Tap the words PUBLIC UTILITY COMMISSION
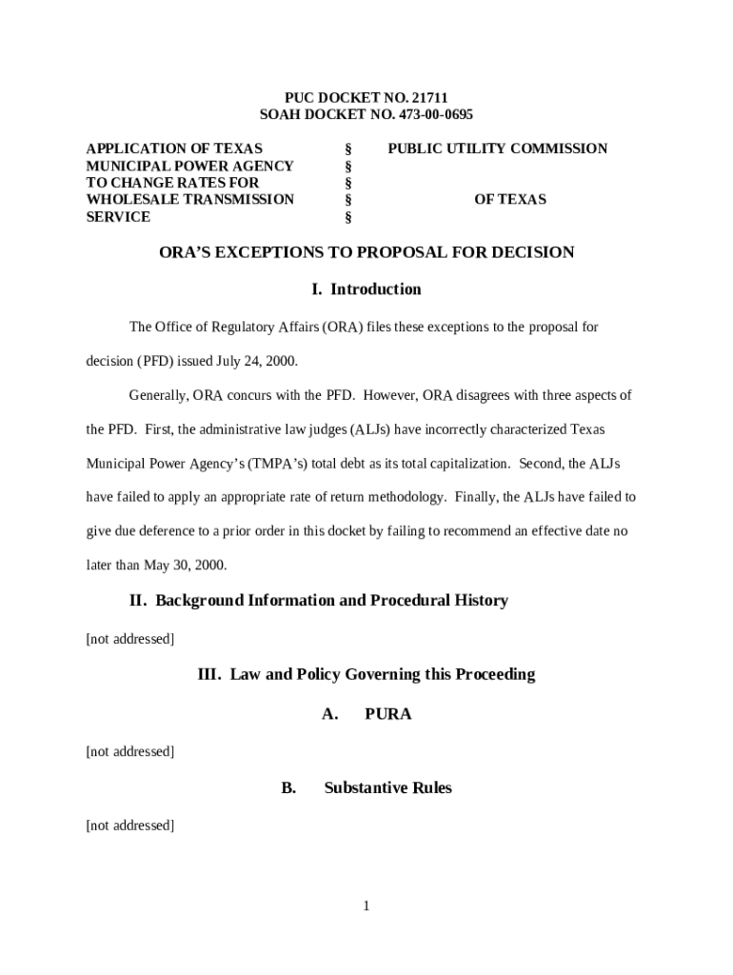click(497, 149)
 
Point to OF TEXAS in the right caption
click(510, 200)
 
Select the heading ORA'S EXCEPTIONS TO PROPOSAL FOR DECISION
click(366, 252)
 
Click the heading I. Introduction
click(366, 289)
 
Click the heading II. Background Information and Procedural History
click(318, 601)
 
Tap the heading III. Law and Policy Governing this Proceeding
click(366, 675)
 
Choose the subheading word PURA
click(388, 714)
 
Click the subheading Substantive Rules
click(387, 788)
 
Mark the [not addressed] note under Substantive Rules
click(130, 826)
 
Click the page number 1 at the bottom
click(366, 905)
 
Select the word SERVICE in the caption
click(118, 217)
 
